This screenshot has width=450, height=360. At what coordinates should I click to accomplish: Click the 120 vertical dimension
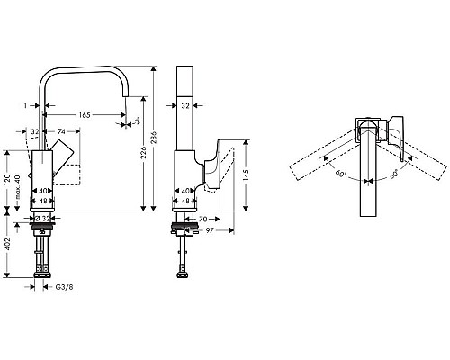click(8, 180)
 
